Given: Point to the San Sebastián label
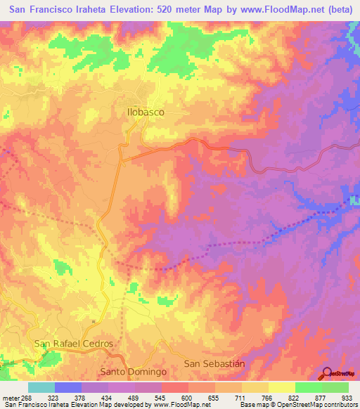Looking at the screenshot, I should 214,363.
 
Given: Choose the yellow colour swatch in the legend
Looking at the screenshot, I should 282,387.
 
